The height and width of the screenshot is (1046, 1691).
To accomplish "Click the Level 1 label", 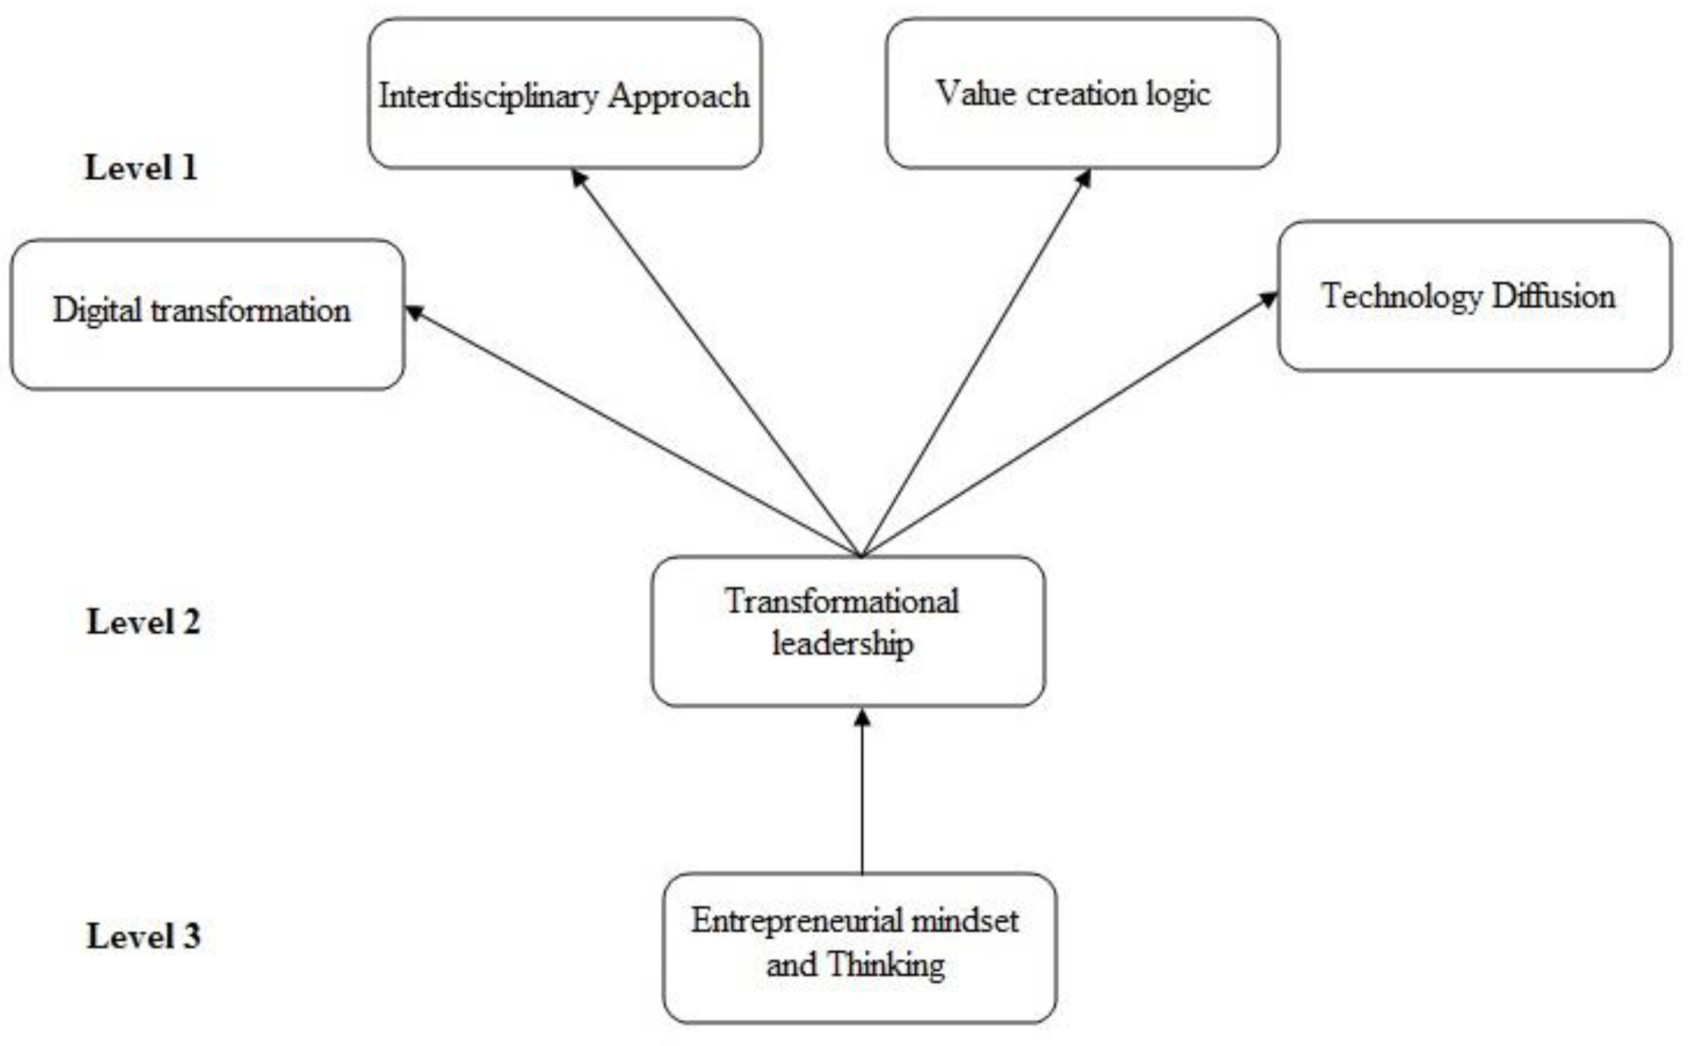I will (x=141, y=168).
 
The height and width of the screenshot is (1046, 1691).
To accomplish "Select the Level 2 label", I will (x=143, y=622).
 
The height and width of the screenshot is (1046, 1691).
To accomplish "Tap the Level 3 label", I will (x=143, y=936).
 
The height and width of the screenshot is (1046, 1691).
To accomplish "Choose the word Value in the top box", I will (x=976, y=93).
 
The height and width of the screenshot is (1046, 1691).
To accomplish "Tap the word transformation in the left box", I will (x=250, y=310).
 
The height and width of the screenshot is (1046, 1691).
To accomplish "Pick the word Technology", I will (x=1402, y=297).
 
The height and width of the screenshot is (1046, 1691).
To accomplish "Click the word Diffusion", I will (x=1553, y=296).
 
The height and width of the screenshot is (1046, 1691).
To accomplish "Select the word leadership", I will (x=843, y=644).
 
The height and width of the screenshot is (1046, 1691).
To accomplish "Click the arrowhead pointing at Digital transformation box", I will (x=414, y=313).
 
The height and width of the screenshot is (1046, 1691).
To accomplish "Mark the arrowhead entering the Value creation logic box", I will (x=1083, y=178).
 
